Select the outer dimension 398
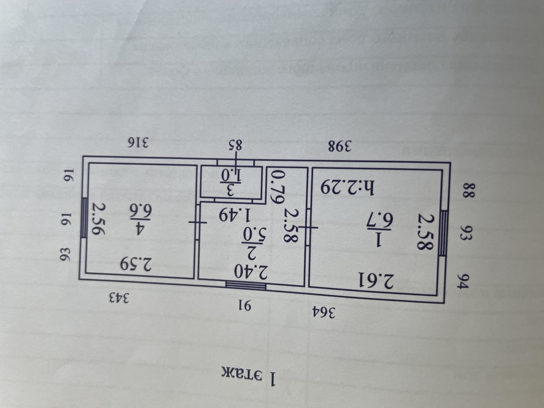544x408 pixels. [x=340, y=146]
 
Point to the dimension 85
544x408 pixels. [x=235, y=145]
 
